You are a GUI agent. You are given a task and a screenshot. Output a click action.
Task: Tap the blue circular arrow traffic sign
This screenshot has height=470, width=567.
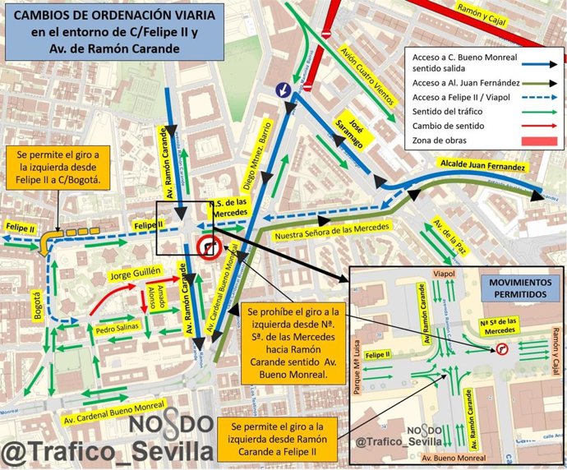(x=283, y=89)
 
